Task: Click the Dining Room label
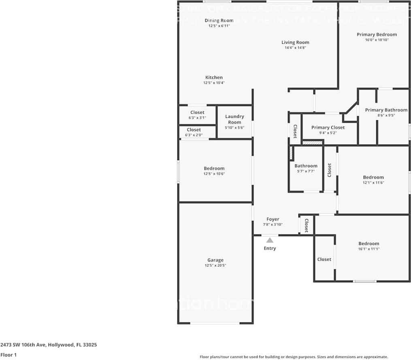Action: click(219, 21)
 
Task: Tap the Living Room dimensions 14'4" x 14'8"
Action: click(295, 48)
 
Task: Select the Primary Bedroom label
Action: click(377, 34)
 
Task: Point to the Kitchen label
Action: click(214, 77)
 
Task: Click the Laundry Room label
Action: click(234, 119)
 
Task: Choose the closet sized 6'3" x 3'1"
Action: click(197, 115)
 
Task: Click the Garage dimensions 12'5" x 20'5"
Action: click(215, 266)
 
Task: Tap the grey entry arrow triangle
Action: click(270, 240)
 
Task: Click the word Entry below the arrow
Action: click(270, 248)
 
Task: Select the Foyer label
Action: click(273, 219)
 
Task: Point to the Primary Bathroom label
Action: click(386, 110)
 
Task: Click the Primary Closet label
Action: click(328, 128)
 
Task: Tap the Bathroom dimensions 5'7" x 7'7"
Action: click(306, 171)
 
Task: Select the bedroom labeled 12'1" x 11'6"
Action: click(373, 180)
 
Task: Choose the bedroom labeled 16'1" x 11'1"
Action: click(368, 246)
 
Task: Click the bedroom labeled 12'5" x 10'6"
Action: click(214, 171)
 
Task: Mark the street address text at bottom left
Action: click(48, 345)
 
